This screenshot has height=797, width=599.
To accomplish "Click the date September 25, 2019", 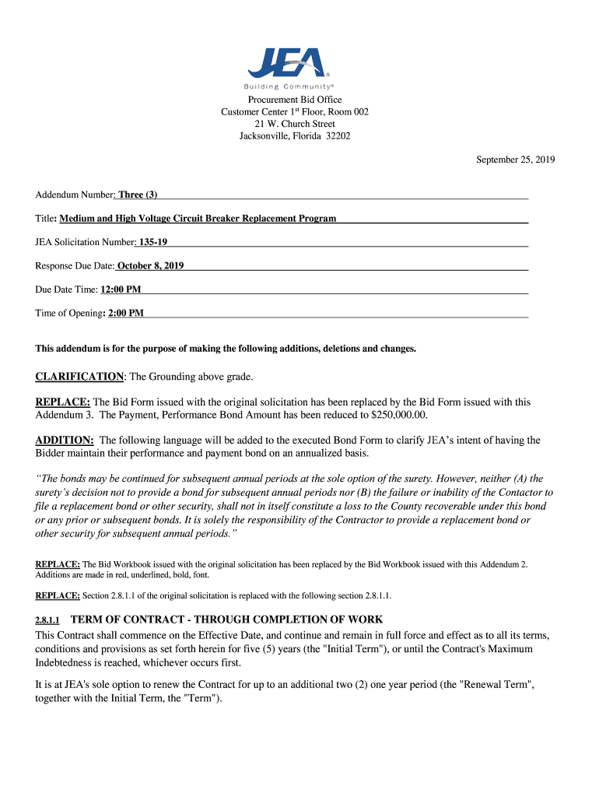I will pyautogui.click(x=515, y=160).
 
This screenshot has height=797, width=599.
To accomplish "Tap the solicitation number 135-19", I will pyautogui.click(x=152, y=242).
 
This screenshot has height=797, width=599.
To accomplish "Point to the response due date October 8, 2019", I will pyautogui.click(x=150, y=266).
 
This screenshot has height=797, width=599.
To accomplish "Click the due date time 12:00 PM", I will pyautogui.click(x=121, y=290).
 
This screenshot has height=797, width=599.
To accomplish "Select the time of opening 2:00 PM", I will pyautogui.click(x=125, y=314).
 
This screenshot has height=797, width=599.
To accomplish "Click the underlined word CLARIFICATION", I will pyautogui.click(x=79, y=377).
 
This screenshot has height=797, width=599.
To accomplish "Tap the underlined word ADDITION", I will pyautogui.click(x=65, y=441).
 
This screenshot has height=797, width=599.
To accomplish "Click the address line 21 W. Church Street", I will pyautogui.click(x=295, y=124).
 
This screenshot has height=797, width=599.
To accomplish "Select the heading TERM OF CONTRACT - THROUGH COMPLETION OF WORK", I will pyautogui.click(x=226, y=620).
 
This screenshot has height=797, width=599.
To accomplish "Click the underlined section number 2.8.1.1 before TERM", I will pyautogui.click(x=47, y=620).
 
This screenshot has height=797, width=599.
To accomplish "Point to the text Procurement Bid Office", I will pyautogui.click(x=295, y=100).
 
